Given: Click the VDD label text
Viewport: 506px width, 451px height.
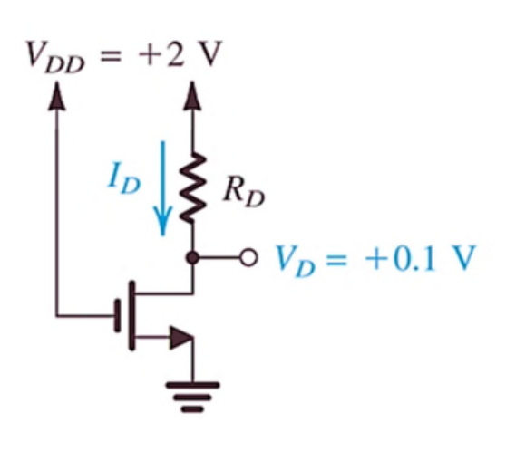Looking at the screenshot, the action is pyautogui.click(x=55, y=57).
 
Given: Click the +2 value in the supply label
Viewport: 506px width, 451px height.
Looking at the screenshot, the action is pyautogui.click(x=161, y=53).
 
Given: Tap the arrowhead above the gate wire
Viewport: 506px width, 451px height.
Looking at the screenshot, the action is pyautogui.click(x=57, y=96).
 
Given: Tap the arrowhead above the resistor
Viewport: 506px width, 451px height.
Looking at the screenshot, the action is pyautogui.click(x=192, y=96).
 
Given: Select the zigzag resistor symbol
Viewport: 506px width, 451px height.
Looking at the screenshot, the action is pyautogui.click(x=192, y=187).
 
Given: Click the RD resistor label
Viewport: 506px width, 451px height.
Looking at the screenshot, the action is pyautogui.click(x=244, y=193).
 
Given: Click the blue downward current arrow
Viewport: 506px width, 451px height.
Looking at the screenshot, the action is pyautogui.click(x=163, y=188).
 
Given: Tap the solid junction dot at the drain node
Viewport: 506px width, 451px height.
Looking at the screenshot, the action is pyautogui.click(x=193, y=258).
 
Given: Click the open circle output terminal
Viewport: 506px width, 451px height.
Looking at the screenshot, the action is pyautogui.click(x=248, y=257).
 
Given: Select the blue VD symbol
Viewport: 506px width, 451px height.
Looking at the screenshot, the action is pyautogui.click(x=295, y=261).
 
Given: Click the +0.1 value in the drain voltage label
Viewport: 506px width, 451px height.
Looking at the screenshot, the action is pyautogui.click(x=400, y=258).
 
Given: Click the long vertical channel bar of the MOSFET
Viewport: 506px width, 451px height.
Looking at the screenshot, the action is pyautogui.click(x=131, y=315).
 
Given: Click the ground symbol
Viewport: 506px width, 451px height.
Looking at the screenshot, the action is pyautogui.click(x=192, y=397).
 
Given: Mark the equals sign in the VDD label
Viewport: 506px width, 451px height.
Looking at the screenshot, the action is pyautogui.click(x=111, y=57).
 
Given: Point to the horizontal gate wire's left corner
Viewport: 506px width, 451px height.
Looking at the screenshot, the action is pyautogui.click(x=57, y=315).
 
